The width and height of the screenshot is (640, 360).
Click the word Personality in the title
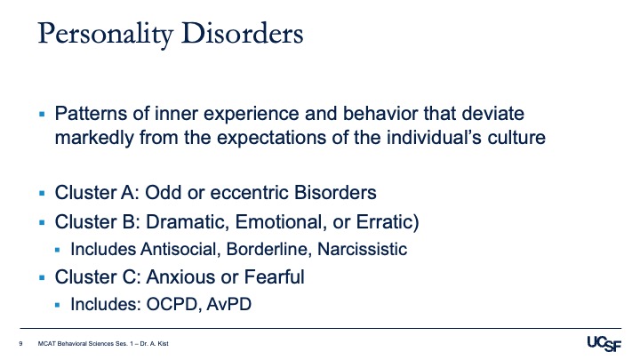click(x=106, y=34)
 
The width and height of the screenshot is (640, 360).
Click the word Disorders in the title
click(x=243, y=33)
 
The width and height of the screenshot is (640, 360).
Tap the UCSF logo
click(x=604, y=344)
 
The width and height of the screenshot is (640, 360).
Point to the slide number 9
click(x=20, y=344)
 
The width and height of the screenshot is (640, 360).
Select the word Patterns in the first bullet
click(x=91, y=114)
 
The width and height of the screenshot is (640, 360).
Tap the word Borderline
click(x=269, y=249)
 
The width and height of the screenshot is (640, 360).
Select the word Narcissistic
click(x=362, y=249)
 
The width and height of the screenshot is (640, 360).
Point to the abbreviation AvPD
click(x=229, y=304)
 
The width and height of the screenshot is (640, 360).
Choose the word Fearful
click(x=275, y=277)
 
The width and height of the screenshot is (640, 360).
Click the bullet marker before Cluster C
click(x=42, y=278)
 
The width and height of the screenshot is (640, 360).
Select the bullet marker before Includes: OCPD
click(x=57, y=305)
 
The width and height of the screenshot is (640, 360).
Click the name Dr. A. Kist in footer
click(x=154, y=344)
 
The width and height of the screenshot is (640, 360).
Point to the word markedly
click(x=94, y=138)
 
